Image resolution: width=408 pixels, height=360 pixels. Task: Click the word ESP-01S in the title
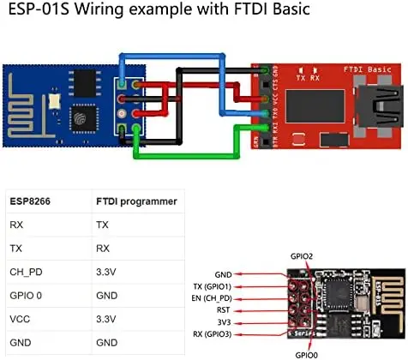coord(39,11)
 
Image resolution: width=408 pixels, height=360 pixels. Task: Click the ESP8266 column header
coord(33,202)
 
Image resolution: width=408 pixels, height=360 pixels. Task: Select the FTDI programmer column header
coord(135,202)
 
